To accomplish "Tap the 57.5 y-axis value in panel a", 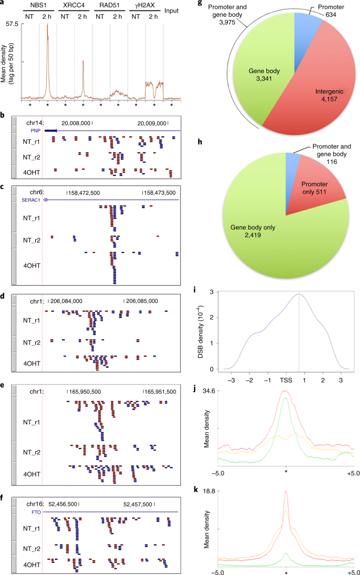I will coord(11,24).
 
